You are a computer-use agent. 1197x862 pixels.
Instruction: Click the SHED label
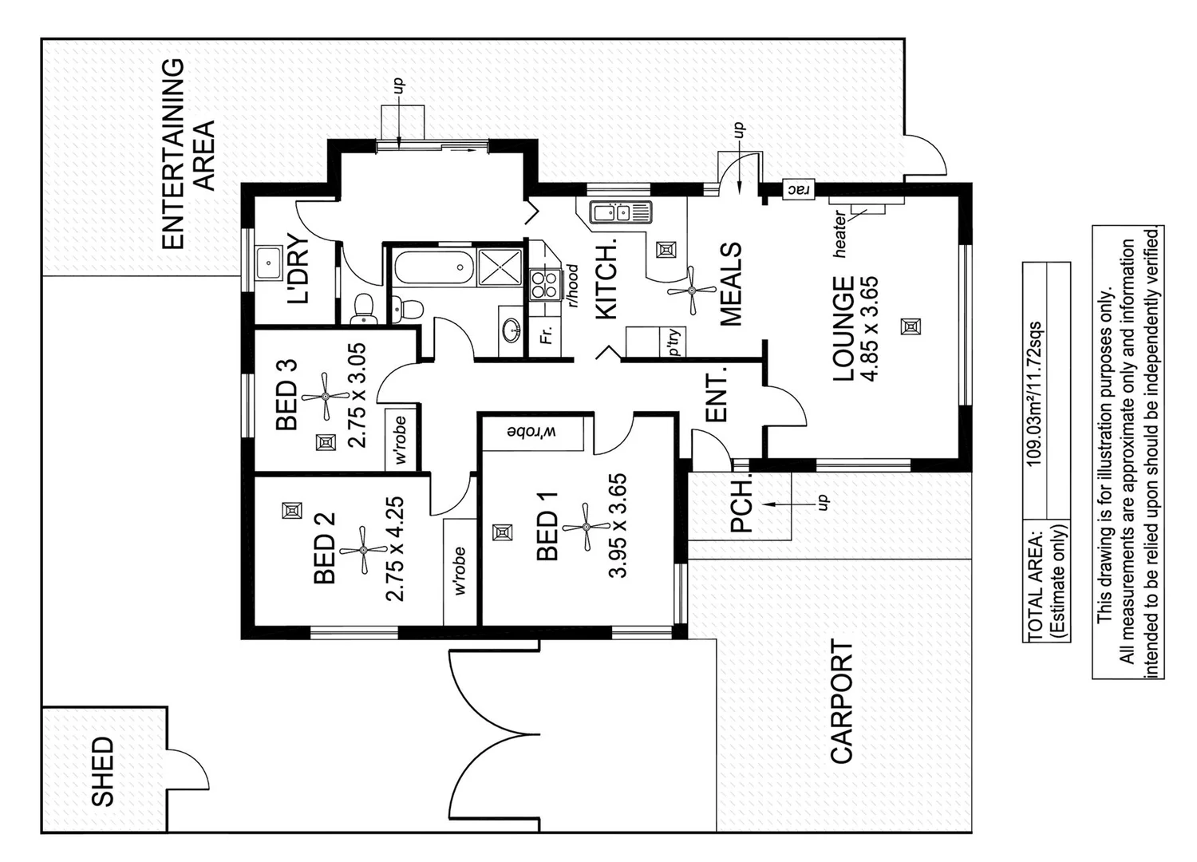pyautogui.click(x=103, y=771)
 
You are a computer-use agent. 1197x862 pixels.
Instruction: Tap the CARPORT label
pyautogui.click(x=842, y=702)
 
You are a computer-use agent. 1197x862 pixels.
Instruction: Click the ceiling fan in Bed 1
pyautogui.click(x=587, y=527)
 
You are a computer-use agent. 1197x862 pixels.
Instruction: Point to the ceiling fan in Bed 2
pyautogui.click(x=364, y=549)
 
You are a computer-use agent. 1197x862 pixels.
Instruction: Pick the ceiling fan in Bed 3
pyautogui.click(x=326, y=396)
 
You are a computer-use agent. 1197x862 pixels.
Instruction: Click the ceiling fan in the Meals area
pyautogui.click(x=691, y=291)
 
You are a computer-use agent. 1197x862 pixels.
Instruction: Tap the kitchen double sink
pyautogui.click(x=620, y=212)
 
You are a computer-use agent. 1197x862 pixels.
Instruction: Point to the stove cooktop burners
pyautogui.click(x=544, y=283)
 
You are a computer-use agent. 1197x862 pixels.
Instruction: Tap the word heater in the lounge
pyautogui.click(x=839, y=233)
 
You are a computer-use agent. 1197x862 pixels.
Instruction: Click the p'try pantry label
pyautogui.click(x=675, y=342)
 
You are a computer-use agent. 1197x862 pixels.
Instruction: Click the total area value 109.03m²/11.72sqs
pyautogui.click(x=1034, y=393)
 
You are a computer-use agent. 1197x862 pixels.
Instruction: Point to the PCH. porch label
pyautogui.click(x=741, y=504)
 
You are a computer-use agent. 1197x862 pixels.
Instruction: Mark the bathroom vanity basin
pyautogui.click(x=511, y=328)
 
